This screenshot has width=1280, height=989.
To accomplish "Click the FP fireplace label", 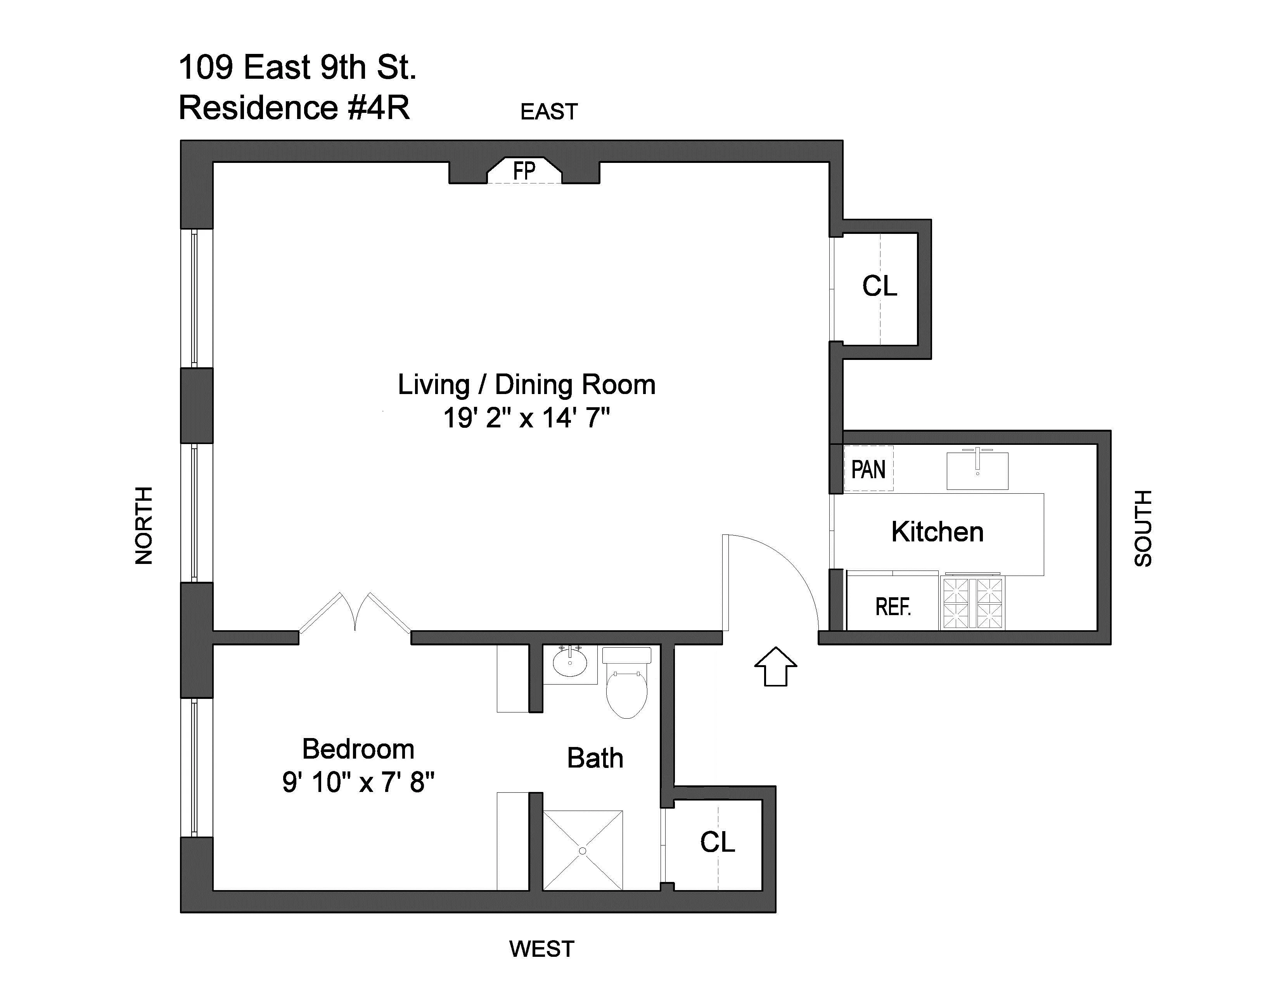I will pos(524,171).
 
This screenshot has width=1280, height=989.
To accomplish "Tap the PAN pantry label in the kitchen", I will pos(868,469).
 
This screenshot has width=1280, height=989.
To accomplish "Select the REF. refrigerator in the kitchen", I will pos(893,607).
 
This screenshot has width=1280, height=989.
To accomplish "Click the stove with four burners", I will pos(972,603).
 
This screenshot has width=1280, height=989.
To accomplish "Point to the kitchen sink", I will pos(977,470).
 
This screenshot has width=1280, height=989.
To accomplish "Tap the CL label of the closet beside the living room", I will pos(879,286).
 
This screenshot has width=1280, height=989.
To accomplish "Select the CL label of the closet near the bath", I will pos(717,842).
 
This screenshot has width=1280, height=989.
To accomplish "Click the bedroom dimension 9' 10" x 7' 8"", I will pos(358,782).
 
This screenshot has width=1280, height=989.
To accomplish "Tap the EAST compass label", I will pos(548,111).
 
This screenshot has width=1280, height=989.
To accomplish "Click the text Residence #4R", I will pos(294,108).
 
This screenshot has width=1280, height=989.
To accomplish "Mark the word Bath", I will pos(595,758).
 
